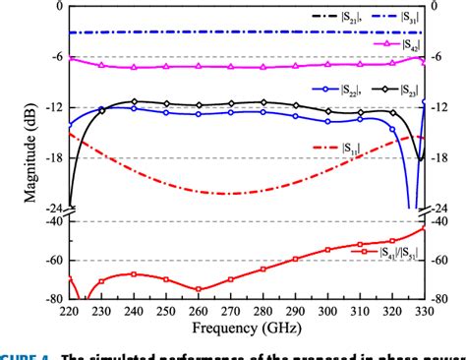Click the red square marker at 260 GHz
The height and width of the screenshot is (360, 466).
point(200,289)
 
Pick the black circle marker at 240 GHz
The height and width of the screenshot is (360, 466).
point(136,101)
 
